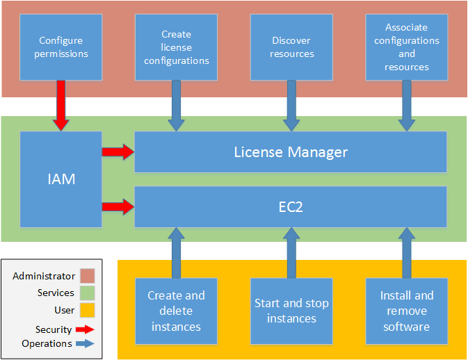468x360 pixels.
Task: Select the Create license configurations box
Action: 177,47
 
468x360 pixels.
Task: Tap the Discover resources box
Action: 292,47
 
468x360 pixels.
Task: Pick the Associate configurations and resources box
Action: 407,47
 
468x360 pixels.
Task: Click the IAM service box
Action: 61,179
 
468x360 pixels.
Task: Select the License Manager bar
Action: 291,152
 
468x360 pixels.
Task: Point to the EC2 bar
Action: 291,206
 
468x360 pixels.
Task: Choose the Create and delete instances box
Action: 177,311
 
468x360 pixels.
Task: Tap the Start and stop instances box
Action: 292,311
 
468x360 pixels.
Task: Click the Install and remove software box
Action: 407,311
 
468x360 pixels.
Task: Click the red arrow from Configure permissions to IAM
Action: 61,105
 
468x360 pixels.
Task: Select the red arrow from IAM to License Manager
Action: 118,152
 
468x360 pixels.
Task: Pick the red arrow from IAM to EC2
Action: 118,206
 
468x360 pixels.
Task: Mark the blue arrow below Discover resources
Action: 292,105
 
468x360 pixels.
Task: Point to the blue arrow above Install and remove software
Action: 407,252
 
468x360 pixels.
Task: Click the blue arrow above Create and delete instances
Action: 177,252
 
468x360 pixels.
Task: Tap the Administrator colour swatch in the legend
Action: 86,277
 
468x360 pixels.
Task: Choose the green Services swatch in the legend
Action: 86,293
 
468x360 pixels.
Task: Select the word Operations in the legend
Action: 47,343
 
